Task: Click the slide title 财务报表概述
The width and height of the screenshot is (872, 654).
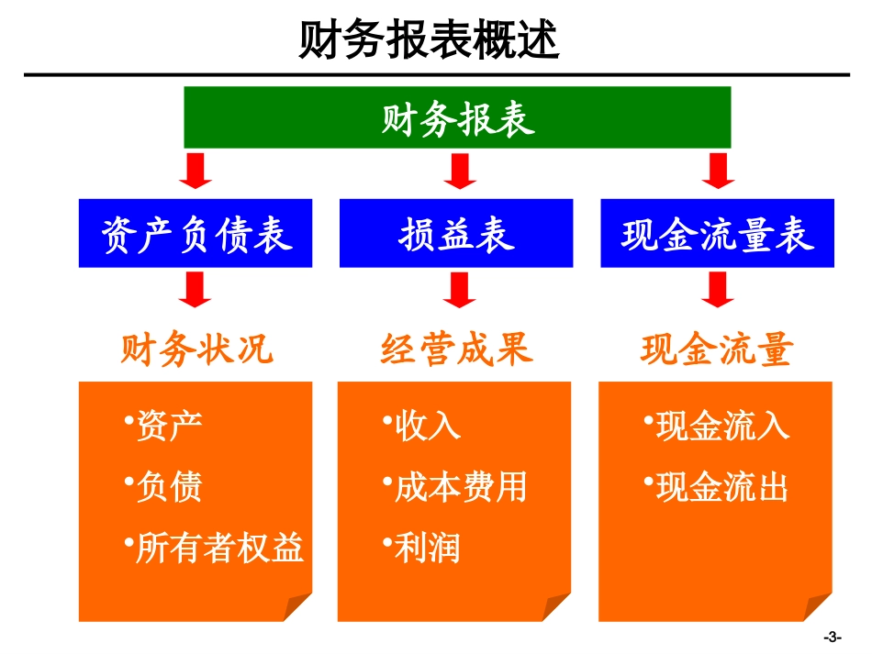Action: click(430, 40)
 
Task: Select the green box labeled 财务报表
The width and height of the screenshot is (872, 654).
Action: click(457, 117)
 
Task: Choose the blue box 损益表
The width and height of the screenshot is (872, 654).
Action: click(456, 234)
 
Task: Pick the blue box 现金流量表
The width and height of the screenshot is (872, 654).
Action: click(717, 234)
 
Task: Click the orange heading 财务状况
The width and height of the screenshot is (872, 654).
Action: click(197, 349)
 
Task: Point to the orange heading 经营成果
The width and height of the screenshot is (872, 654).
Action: click(457, 349)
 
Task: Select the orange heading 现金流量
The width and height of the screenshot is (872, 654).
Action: click(717, 349)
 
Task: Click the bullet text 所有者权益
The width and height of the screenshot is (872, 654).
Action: click(219, 548)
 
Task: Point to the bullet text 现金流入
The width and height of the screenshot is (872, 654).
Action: click(722, 427)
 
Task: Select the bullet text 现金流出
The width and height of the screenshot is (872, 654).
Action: click(722, 488)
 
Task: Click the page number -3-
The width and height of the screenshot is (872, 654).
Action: click(833, 637)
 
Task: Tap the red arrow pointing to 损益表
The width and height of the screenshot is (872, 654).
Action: click(457, 172)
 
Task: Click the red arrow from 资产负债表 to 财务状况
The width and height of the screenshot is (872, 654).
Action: click(195, 289)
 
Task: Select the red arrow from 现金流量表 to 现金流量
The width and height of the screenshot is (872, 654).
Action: click(717, 289)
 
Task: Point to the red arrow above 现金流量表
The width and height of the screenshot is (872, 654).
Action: click(717, 172)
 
